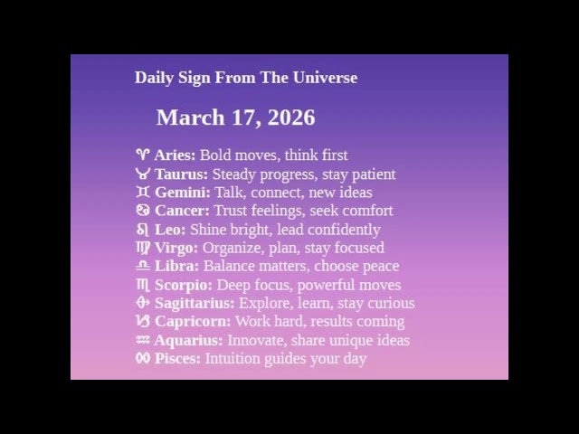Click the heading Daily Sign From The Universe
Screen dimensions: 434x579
[245, 78]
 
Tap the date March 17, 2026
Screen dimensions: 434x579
[235, 118]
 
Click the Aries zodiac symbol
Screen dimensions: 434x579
[142, 156]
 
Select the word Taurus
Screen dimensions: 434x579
[181, 175]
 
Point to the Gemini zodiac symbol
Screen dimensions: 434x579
[142, 193]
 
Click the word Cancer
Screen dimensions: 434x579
[182, 211]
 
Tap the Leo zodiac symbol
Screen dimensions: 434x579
[142, 230]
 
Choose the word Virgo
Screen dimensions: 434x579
[176, 248]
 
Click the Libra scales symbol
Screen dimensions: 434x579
[142, 266]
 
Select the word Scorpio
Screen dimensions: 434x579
[184, 285]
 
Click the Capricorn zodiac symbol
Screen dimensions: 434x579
[142, 321]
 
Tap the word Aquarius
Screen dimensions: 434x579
[188, 340]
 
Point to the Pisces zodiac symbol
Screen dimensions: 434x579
[142, 358]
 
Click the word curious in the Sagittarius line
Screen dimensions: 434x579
[389, 303]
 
